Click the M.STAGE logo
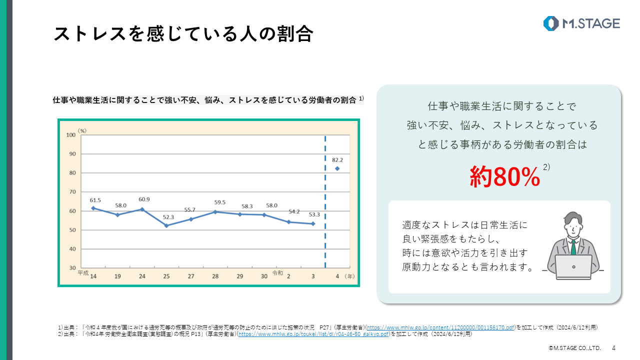581,23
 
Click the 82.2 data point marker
337,168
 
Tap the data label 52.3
168,217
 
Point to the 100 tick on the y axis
70,135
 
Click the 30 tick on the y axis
72,268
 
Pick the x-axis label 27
191,276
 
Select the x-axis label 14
93,276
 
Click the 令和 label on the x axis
277,273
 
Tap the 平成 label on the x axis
83,273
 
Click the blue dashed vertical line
325,200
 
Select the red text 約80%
505,176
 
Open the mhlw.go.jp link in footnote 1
440,327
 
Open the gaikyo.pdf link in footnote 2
313,333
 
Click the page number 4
614,347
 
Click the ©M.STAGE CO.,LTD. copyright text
574,347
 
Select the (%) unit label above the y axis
82,130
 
